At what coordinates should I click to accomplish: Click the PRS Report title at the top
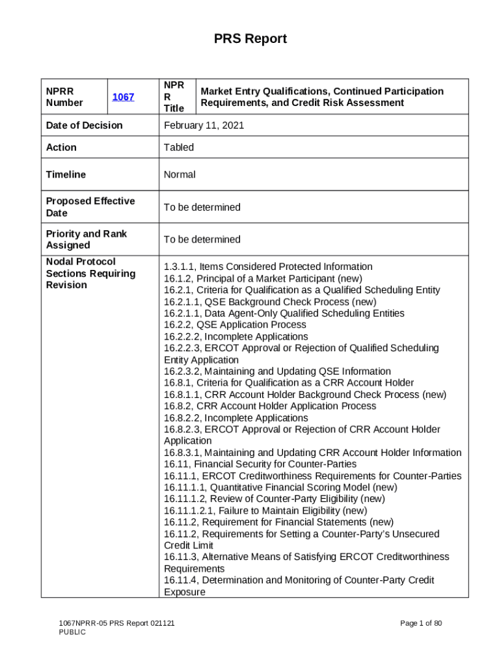251,39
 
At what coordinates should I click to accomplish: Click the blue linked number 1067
123,97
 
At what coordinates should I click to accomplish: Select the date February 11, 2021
204,125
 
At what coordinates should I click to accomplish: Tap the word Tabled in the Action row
179,147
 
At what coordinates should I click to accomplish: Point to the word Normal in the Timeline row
180,174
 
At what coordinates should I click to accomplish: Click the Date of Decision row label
84,125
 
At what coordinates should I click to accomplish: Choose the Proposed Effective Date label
90,207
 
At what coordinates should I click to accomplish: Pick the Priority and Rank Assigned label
87,239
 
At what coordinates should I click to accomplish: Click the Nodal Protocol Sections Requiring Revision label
90,273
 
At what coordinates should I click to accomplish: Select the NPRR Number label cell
64,97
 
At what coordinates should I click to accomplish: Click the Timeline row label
66,174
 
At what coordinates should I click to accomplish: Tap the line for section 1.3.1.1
268,267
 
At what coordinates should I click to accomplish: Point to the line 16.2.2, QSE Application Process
235,325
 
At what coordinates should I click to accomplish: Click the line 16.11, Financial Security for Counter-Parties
260,464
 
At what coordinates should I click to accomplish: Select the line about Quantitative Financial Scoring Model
280,487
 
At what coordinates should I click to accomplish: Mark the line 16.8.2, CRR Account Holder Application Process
270,406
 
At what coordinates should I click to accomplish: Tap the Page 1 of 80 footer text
421,624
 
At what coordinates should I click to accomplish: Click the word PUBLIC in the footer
72,632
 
